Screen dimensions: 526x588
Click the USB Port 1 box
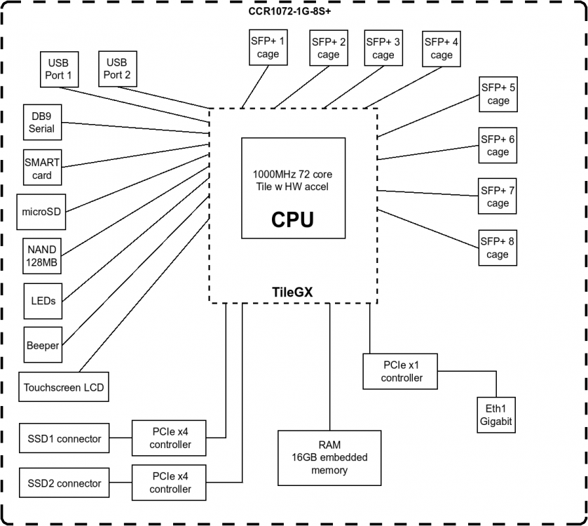pyautogui.click(x=60, y=69)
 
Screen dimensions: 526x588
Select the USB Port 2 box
pyautogui.click(x=117, y=69)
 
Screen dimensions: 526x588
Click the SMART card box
pyautogui.click(x=42, y=168)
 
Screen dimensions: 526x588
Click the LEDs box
pyautogui.click(x=43, y=301)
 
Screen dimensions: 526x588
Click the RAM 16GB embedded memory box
pyautogui.click(x=329, y=457)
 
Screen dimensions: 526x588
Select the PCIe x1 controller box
pyautogui.click(x=402, y=372)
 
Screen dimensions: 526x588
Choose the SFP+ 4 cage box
pyautogui.click(x=442, y=48)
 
